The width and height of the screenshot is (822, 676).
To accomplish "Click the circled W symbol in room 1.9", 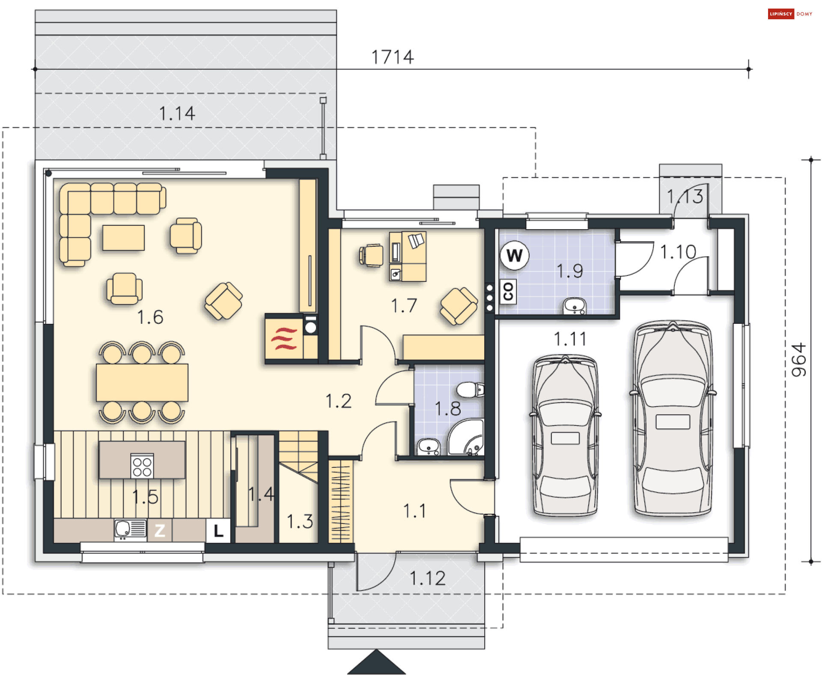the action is (x=515, y=256).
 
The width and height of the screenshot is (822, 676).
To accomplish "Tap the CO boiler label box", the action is (x=508, y=292).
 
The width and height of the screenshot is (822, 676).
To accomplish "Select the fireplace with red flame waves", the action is (x=284, y=338).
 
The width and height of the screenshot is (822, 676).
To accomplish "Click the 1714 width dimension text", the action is (x=392, y=57).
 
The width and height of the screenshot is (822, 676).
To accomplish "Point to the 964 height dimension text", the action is (x=799, y=360).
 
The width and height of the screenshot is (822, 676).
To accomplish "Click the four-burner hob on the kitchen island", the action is (x=142, y=466).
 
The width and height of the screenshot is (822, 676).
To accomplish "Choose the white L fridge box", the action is (x=218, y=531).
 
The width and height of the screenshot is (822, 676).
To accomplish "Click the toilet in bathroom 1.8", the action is (x=470, y=390).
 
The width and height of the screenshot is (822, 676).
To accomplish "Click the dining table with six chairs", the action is (x=142, y=383).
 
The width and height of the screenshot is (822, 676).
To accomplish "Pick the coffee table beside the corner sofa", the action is (x=123, y=238).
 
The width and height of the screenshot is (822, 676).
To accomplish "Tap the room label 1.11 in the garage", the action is (x=570, y=339).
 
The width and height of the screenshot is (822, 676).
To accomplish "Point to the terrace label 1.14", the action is (x=177, y=114).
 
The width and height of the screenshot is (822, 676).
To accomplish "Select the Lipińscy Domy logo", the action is (x=790, y=14).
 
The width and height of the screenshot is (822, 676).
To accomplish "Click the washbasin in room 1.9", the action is (x=575, y=306).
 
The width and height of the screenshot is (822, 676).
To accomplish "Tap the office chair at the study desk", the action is (x=371, y=256).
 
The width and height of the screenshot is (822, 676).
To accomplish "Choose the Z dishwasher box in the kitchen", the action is (x=160, y=531).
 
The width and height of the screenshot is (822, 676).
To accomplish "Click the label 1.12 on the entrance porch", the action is (x=428, y=579).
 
